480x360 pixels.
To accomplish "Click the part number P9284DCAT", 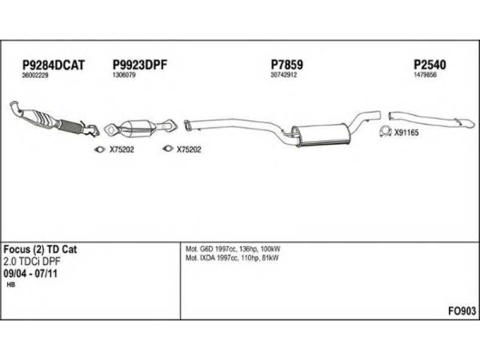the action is click(x=53, y=65).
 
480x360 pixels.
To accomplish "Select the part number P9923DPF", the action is click(x=140, y=65).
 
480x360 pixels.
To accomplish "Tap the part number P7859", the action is click(x=287, y=65).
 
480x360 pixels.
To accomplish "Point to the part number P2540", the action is click(x=430, y=65).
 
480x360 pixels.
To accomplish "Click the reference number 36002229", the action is click(x=35, y=76).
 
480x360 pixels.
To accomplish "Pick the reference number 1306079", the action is click(x=124, y=75).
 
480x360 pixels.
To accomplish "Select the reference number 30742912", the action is click(x=284, y=75).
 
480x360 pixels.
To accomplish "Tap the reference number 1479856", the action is click(x=425, y=75).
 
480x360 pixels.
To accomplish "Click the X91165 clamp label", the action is click(x=406, y=133).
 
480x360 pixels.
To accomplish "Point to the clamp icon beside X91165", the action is click(x=385, y=131).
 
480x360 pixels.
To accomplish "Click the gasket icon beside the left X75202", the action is click(x=100, y=149).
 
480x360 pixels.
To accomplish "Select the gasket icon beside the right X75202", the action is click(x=168, y=149).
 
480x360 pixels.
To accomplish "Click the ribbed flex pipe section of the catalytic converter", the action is click(x=71, y=127).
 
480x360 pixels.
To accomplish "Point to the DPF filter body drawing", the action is click(x=137, y=130).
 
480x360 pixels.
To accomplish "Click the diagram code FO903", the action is click(x=462, y=311).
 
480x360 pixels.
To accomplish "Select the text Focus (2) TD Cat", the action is click(x=40, y=250).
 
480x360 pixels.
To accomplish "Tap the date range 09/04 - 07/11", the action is click(x=31, y=274).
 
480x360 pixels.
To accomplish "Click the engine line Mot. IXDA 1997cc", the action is click(x=212, y=258).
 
